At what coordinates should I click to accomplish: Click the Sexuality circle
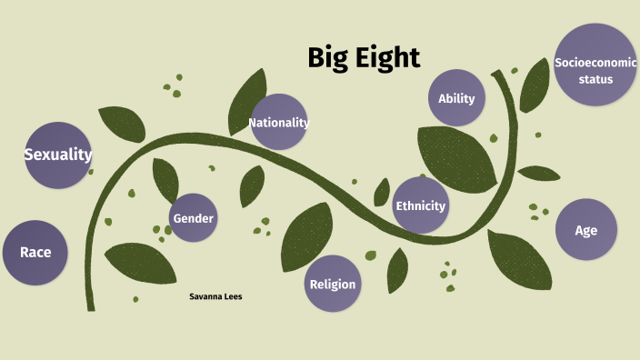click(58, 155)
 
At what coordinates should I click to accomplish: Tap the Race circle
click(35, 252)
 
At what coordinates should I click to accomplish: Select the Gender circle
click(194, 218)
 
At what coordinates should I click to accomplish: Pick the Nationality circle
click(279, 122)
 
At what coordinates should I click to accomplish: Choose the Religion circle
click(333, 284)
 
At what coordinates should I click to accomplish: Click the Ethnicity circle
click(420, 205)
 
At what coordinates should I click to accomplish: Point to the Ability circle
click(456, 98)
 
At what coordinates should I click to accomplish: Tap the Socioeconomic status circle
click(595, 65)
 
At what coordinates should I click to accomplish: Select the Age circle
click(586, 230)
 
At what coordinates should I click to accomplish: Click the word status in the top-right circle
click(595, 79)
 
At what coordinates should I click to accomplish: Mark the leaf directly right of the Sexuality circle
click(122, 125)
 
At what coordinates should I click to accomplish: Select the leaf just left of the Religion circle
click(305, 238)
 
